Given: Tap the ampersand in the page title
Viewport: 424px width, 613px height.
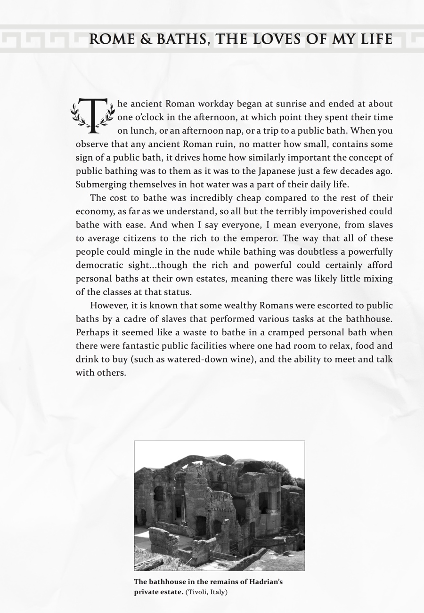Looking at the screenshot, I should pyautogui.click(x=145, y=39).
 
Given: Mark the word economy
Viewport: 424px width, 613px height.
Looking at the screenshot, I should pyautogui.click(x=93, y=211).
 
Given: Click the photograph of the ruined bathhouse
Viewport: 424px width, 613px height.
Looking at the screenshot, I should pyautogui.click(x=219, y=505).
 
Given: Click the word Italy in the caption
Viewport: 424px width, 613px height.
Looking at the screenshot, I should pyautogui.click(x=217, y=592).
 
